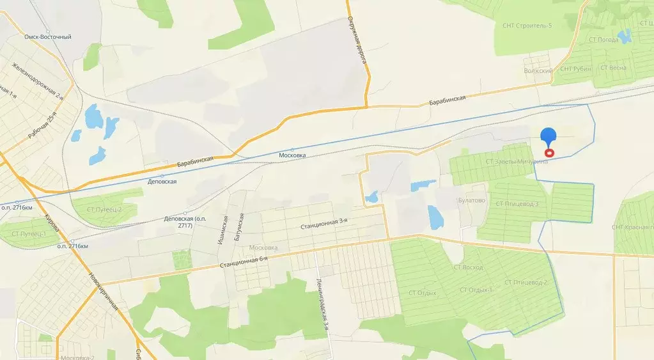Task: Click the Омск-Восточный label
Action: tap(48, 37)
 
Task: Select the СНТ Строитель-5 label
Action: tap(527, 26)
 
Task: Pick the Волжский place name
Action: tap(538, 71)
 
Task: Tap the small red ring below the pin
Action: tap(549, 153)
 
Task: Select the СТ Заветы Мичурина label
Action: tap(517, 162)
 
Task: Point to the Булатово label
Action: tap(472, 200)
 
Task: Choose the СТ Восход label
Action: tap(468, 267)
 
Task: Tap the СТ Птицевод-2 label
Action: tap(526, 282)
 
